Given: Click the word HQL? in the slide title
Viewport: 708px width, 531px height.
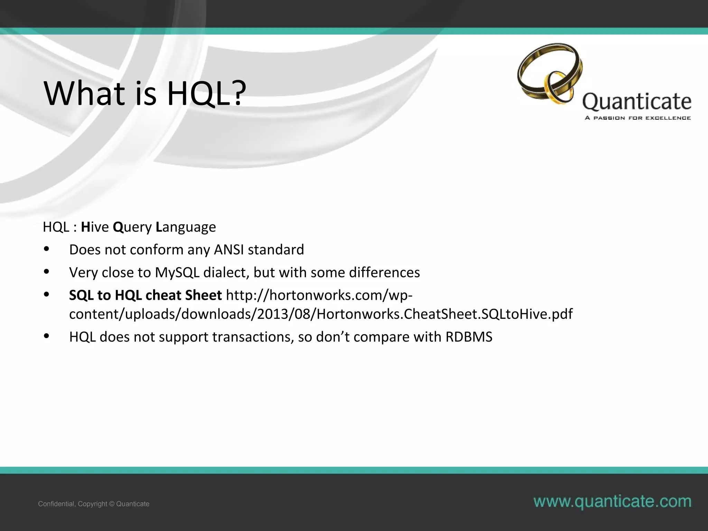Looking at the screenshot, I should (x=206, y=93).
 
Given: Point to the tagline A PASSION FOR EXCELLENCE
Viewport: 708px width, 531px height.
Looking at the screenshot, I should (x=637, y=118).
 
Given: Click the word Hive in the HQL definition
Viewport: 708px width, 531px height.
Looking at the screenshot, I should (x=95, y=227).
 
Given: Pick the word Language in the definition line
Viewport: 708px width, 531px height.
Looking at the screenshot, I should (x=186, y=227).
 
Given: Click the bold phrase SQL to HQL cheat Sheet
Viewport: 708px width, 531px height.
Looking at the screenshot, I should (x=145, y=295).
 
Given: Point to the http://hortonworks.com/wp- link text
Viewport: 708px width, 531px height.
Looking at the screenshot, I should (x=319, y=295).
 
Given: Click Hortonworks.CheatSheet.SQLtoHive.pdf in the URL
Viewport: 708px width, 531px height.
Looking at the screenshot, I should (x=444, y=314).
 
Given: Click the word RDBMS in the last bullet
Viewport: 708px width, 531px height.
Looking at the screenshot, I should (x=469, y=337).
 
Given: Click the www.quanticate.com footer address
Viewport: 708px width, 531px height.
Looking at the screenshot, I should (x=612, y=501).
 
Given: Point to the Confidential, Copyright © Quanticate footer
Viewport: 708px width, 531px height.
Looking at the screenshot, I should (x=94, y=504).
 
